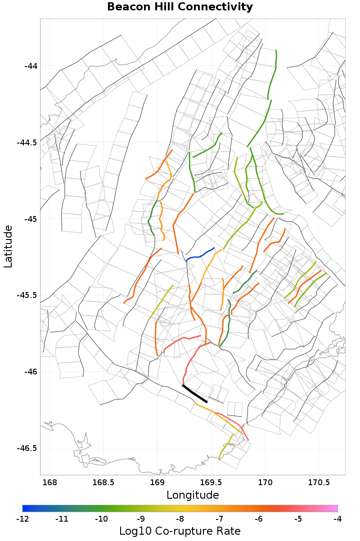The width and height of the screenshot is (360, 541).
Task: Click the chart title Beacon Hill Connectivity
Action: pyautogui.click(x=180, y=7)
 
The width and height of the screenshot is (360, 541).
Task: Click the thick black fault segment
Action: pyautogui.click(x=195, y=394)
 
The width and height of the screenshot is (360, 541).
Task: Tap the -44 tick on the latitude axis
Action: pyautogui.click(x=31, y=66)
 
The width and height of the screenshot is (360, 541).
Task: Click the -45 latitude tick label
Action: pyautogui.click(x=31, y=219)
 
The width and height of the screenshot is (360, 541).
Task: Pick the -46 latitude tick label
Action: pyautogui.click(x=31, y=372)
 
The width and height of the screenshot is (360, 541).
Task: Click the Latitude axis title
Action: pyautogui.click(x=9, y=247)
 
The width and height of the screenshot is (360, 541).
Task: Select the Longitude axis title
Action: pyautogui.click(x=193, y=495)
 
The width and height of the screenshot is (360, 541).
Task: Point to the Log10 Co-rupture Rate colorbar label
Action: pyautogui.click(x=180, y=531)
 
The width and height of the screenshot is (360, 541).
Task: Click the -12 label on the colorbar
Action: pyautogui.click(x=22, y=519)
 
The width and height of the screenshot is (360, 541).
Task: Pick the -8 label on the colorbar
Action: pyautogui.click(x=180, y=519)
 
